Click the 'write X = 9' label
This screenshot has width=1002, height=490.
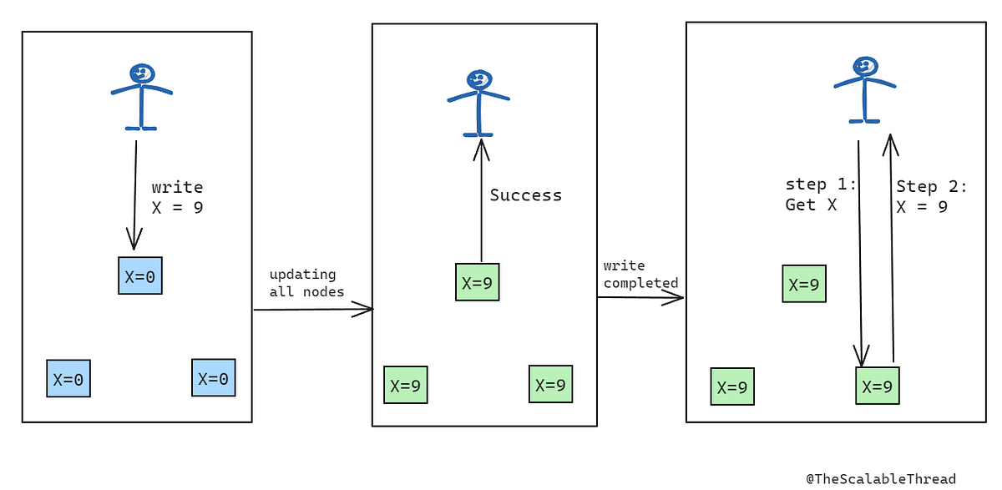[x=177, y=198]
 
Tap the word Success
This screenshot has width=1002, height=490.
[x=525, y=195]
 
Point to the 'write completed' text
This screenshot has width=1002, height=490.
[x=640, y=275]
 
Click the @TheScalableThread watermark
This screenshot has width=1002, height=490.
[x=880, y=478]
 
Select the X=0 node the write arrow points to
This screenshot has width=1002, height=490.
[x=139, y=276]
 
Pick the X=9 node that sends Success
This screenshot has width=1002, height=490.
[x=478, y=282]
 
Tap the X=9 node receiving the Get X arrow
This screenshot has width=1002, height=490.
[x=877, y=386]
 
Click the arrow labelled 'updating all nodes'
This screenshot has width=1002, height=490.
[x=313, y=310]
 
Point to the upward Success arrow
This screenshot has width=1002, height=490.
[x=480, y=200]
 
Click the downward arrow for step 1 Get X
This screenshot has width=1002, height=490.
[x=860, y=250]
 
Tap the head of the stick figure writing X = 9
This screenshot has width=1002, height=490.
[x=142, y=73]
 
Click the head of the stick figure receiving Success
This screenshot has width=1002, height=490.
[x=478, y=80]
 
